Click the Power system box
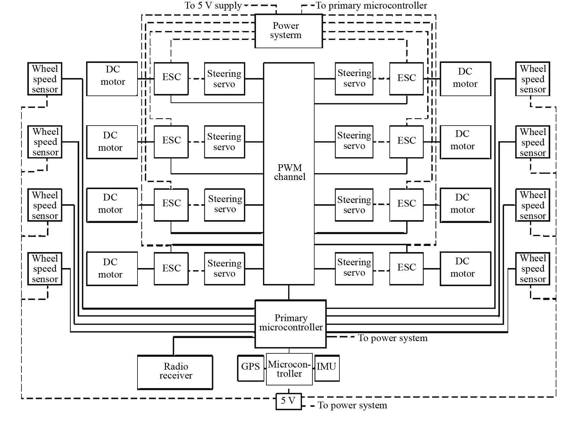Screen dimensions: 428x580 [288, 31]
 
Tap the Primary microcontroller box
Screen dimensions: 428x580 [290, 324]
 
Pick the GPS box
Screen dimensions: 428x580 [251, 368]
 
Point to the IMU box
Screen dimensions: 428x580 [327, 368]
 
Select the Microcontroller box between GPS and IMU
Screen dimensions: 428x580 [289, 369]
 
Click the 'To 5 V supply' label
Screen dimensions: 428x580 [213, 6]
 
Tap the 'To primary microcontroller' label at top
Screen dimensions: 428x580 [371, 6]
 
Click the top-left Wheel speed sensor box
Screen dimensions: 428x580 [45, 79]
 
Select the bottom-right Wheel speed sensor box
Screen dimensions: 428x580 [532, 269]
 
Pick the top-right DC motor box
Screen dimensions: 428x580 [465, 79]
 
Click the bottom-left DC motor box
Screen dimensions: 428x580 [112, 269]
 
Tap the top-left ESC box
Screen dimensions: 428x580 [171, 78]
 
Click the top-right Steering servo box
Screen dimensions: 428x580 [354, 79]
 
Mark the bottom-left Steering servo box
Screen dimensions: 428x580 [224, 269]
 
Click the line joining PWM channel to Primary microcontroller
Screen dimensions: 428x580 [289, 292]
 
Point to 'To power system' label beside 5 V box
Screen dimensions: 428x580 [352, 406]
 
